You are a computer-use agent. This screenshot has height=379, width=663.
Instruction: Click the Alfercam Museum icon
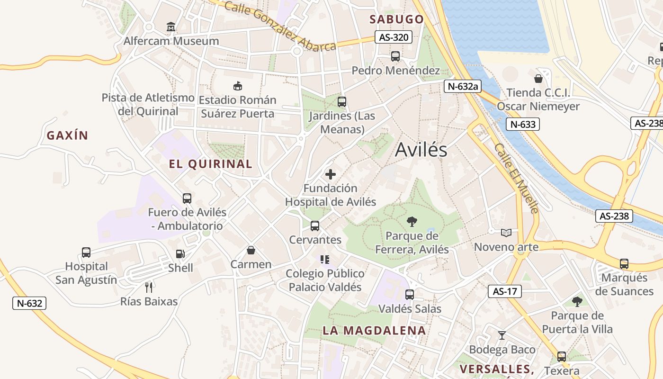(x=171, y=27)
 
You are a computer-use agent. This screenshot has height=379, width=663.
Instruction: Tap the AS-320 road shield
(x=394, y=37)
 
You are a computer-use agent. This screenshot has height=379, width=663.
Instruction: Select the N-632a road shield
(x=462, y=86)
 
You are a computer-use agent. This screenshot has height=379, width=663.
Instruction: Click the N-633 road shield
(x=523, y=125)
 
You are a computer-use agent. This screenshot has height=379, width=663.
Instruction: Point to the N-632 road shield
(x=29, y=303)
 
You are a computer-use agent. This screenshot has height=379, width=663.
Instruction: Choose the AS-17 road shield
(x=505, y=291)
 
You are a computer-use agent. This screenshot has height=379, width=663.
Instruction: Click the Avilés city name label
(x=421, y=150)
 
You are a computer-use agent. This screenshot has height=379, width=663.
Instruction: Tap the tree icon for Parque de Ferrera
(x=412, y=221)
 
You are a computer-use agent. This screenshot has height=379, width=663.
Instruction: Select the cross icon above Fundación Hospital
(x=331, y=174)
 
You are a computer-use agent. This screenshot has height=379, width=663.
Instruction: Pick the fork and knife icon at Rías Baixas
(x=149, y=287)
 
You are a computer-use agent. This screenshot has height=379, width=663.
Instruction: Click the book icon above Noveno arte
(x=506, y=233)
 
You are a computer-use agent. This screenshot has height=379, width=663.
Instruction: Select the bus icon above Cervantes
(x=315, y=226)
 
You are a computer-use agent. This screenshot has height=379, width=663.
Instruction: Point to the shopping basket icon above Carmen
(x=251, y=250)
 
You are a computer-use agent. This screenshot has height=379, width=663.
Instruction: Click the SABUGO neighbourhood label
(x=396, y=19)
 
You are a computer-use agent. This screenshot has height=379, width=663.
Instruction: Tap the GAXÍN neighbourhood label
(x=67, y=135)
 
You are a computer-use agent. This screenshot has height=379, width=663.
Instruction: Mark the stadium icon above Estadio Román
(x=238, y=86)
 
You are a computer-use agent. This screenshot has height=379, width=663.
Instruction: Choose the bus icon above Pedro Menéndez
(x=395, y=56)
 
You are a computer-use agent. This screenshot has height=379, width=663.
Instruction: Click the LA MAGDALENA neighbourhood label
(x=374, y=331)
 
